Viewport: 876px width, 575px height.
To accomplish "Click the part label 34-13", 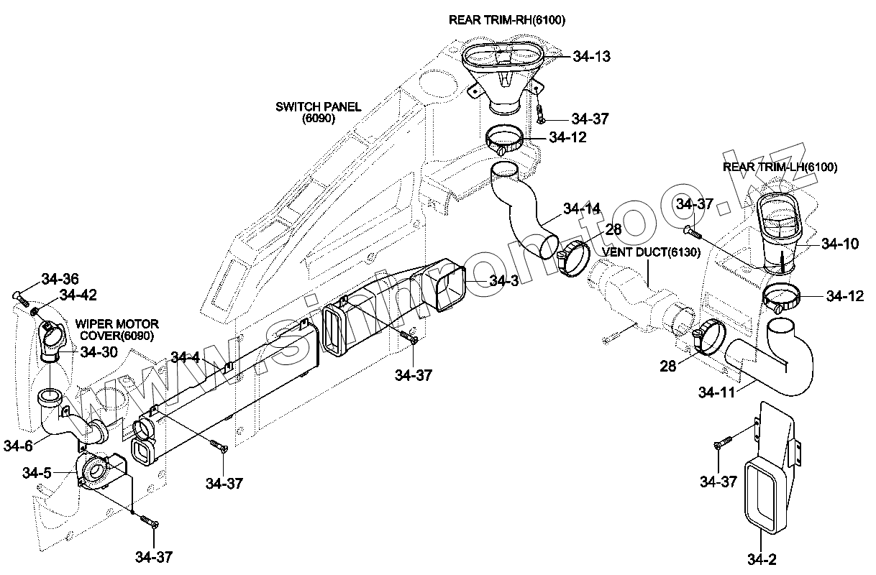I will coord(592,57).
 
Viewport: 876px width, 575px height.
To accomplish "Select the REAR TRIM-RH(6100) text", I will coord(507,20).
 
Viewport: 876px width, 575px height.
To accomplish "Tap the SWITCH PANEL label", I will coord(319,113).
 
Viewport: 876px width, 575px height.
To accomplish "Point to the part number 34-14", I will coord(582,209).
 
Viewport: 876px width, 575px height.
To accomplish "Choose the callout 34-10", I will coord(840,244).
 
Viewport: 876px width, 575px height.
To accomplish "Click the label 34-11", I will coord(717,392).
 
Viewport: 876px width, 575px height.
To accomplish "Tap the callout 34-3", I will coord(503,281).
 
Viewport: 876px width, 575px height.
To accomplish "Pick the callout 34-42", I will coord(78,295).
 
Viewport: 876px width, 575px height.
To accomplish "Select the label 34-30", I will coord(99,351).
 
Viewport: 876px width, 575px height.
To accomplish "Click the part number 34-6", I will coord(18,446).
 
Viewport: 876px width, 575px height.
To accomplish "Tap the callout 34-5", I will coord(37,472).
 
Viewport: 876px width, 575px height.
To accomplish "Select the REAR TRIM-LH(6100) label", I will coord(780,167).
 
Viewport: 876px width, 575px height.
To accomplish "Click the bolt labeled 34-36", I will coord(19,296).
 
